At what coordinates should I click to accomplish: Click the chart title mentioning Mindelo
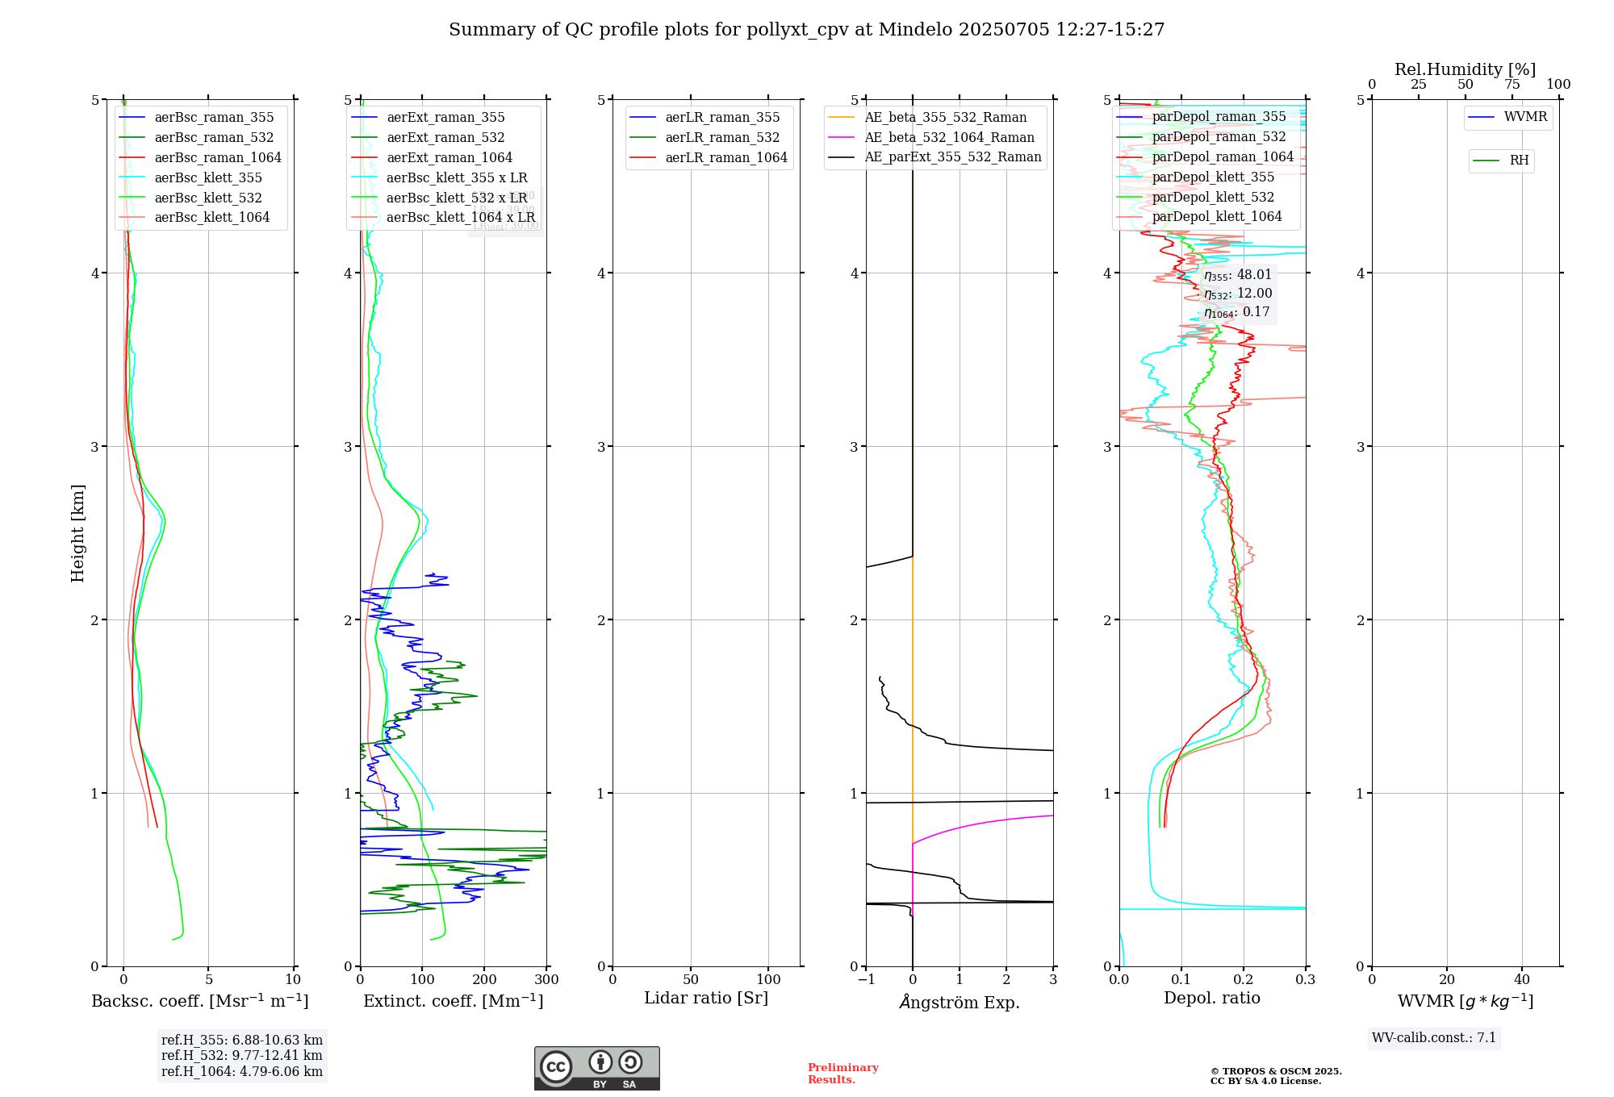click(806, 30)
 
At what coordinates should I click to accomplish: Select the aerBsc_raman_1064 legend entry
click(218, 157)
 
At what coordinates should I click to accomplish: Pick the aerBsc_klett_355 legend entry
click(208, 177)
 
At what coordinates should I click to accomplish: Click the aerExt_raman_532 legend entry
click(445, 137)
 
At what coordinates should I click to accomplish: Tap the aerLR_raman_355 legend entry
click(722, 117)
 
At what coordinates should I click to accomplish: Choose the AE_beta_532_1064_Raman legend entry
click(949, 137)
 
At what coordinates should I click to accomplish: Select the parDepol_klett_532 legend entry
click(1213, 197)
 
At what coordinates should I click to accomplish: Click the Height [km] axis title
click(77, 533)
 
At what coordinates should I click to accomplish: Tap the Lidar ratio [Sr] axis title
click(706, 998)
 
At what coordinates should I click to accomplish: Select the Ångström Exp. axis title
click(960, 1002)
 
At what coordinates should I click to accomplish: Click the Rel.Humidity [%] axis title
click(1465, 69)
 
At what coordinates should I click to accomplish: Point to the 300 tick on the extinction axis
click(546, 980)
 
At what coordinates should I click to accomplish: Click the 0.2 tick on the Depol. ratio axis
click(1244, 980)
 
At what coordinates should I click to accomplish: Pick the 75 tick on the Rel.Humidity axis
click(1512, 85)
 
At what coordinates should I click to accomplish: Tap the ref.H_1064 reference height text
click(242, 1071)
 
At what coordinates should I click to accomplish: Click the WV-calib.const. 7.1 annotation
click(1434, 1037)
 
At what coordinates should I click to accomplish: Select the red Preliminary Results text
click(843, 1074)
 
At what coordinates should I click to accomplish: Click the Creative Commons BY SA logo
click(596, 1068)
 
